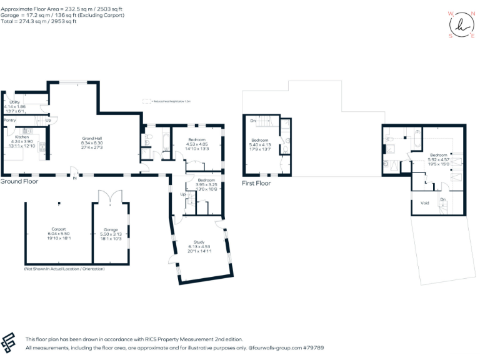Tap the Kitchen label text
[22, 136]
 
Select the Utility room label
[14, 101]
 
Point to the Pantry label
[10, 120]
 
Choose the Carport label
[58, 229]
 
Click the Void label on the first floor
[424, 202]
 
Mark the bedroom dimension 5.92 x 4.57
[438, 159]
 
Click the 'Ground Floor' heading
[19, 181]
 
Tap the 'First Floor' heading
[256, 183]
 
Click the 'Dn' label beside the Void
[442, 200]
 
